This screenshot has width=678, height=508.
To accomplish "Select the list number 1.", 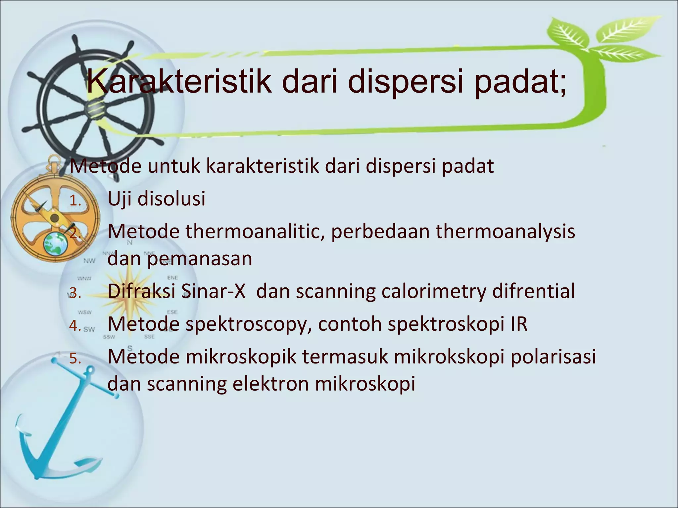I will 75,201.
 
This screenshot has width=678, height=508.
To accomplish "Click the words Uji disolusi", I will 157,199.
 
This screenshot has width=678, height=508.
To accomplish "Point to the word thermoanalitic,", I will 255,232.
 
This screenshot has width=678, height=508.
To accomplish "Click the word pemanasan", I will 200,259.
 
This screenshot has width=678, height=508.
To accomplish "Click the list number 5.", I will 75,359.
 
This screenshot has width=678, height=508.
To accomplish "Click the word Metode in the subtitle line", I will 106,166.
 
